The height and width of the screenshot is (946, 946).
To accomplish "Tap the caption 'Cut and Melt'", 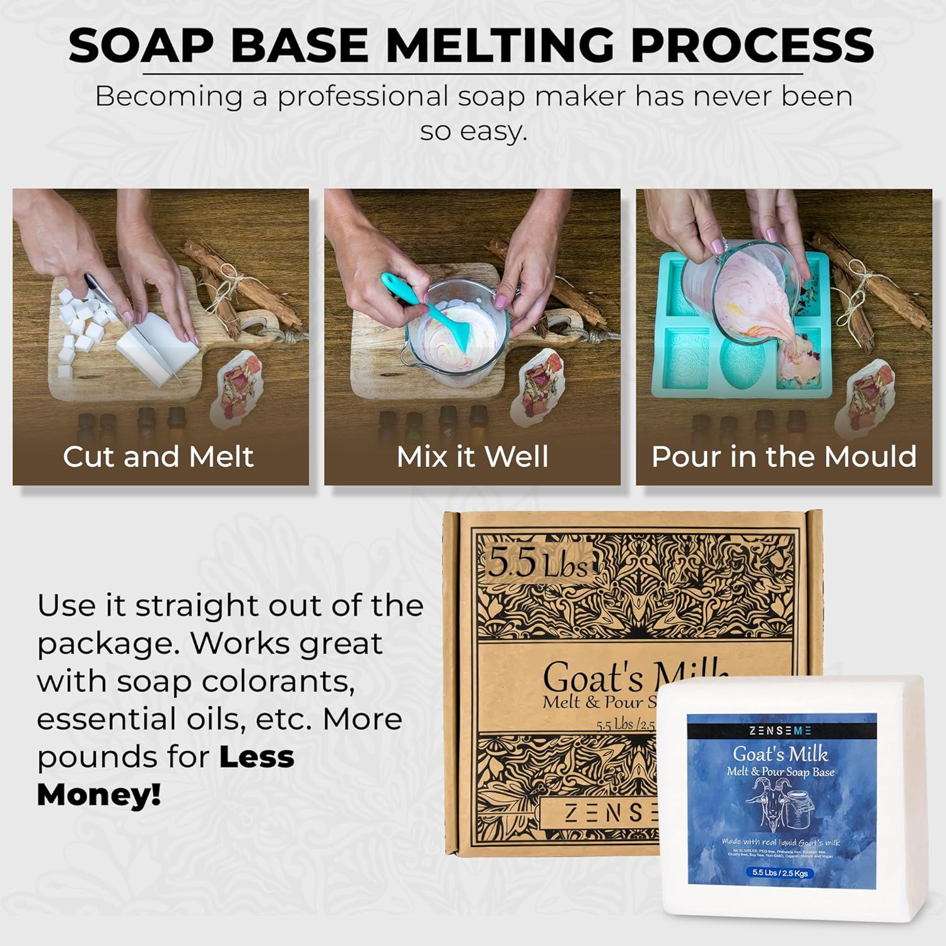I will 158,457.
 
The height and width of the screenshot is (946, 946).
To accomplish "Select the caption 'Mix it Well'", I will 472,457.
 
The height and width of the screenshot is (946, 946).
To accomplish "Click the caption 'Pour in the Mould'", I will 784,457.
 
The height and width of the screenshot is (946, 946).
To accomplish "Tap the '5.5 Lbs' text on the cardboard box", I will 537,563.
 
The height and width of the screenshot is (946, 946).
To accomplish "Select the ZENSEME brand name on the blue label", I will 780,730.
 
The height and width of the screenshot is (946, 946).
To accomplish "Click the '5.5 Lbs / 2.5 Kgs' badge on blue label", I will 780,873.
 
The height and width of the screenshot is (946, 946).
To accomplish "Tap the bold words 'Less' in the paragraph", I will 257,757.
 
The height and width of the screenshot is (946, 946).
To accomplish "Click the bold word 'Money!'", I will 99,795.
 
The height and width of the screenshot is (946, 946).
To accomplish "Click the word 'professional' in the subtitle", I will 363,96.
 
